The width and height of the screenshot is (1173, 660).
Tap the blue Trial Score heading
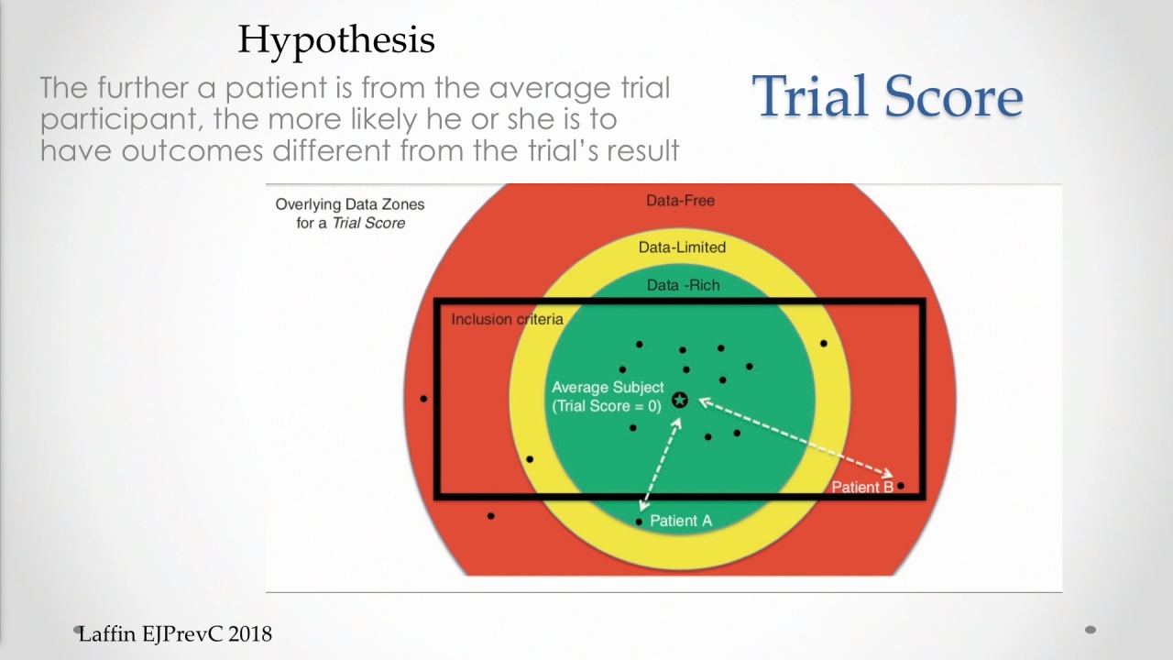point(888,96)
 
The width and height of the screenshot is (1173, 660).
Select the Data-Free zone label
point(680,201)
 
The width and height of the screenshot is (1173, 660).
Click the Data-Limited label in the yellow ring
point(682,247)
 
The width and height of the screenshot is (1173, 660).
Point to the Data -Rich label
point(684,285)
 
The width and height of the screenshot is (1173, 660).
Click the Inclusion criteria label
point(507,319)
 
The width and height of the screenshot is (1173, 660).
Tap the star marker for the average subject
point(680,401)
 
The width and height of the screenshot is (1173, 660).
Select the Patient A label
point(681,521)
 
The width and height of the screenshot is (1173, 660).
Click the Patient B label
point(862,487)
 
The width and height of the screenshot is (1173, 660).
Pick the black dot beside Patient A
point(639,522)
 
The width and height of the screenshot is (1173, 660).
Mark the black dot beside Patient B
point(901,486)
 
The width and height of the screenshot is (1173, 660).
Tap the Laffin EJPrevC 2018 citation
point(175,634)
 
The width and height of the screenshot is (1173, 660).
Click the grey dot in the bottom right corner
point(1091,630)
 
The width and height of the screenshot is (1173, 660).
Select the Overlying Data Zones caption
point(350,214)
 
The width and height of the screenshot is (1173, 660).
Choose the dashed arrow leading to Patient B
point(796,438)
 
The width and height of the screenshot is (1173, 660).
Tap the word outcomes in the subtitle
point(192,151)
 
